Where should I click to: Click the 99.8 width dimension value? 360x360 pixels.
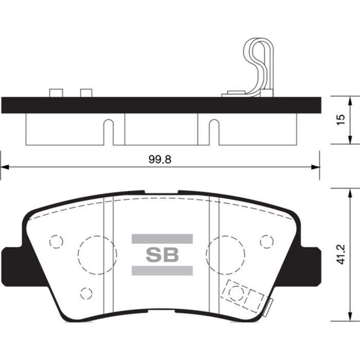pyautogui.click(x=160, y=159)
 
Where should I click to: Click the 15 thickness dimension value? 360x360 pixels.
pyautogui.click(x=341, y=119)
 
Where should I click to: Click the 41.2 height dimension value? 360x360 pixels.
pyautogui.click(x=341, y=255)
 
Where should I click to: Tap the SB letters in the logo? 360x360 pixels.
pyautogui.click(x=162, y=255)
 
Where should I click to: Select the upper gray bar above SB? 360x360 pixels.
pyautogui.click(x=162, y=239)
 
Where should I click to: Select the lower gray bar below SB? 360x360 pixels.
pyautogui.click(x=162, y=271)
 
